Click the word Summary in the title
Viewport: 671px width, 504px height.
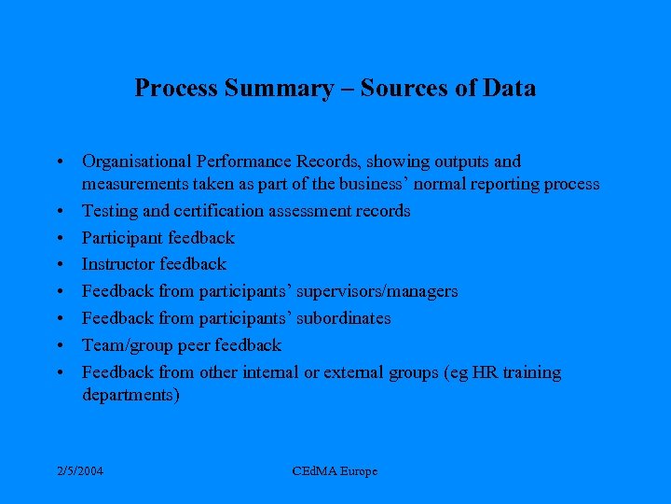[x=287, y=89]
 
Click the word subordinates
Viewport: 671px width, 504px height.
[x=343, y=318]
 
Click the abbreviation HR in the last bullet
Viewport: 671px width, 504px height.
[x=486, y=372]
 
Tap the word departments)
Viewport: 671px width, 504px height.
[x=130, y=395]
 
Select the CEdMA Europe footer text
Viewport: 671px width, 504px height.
[x=335, y=471]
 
